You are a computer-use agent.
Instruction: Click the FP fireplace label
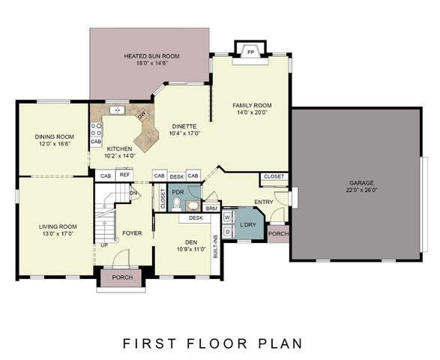click(251, 52)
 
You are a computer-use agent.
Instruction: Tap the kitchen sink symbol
click(117, 110)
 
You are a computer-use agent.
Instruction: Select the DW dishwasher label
click(142, 115)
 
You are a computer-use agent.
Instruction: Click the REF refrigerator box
click(124, 175)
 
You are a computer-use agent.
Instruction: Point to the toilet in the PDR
click(176, 205)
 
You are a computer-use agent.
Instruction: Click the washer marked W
click(228, 217)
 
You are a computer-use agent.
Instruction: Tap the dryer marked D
click(228, 232)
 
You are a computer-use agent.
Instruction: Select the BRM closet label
click(211, 208)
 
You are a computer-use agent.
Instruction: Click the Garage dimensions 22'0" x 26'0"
click(361, 190)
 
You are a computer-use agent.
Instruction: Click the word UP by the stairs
click(104, 245)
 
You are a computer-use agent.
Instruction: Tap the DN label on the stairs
click(133, 193)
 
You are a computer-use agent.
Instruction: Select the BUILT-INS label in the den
click(216, 247)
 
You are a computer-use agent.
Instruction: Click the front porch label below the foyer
click(122, 277)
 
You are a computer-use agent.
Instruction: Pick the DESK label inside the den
click(196, 218)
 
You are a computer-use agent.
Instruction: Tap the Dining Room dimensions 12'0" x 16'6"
click(55, 144)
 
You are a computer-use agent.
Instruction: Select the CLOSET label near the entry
click(274, 176)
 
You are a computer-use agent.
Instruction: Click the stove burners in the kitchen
click(96, 130)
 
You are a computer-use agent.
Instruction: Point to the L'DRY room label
click(248, 225)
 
